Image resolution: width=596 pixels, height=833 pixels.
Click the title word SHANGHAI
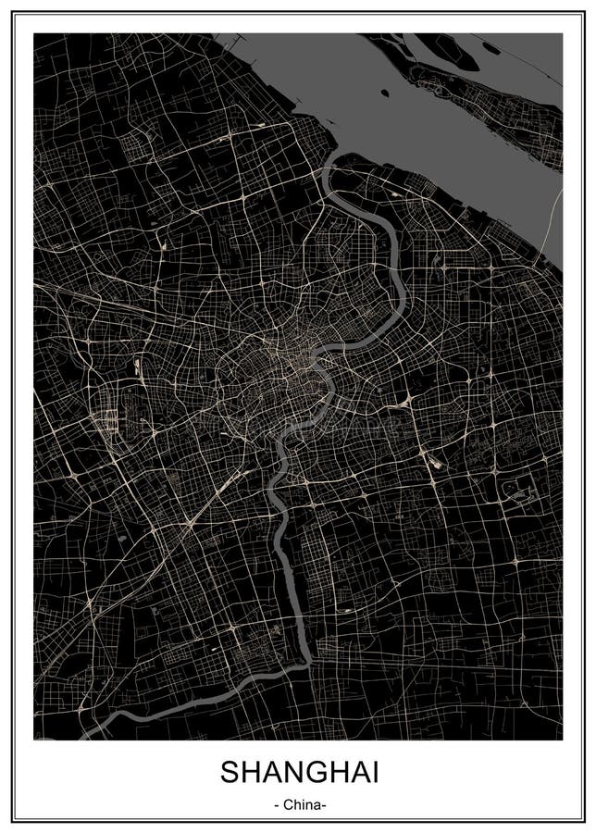tap(298, 774)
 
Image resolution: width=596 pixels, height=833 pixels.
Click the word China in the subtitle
tap(300, 804)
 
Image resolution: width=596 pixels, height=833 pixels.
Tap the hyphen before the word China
tap(278, 805)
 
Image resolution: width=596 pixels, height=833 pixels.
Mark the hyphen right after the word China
tap(323, 805)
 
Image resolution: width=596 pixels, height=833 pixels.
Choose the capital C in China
tap(287, 804)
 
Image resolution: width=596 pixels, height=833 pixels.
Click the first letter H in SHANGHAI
tap(247, 774)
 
